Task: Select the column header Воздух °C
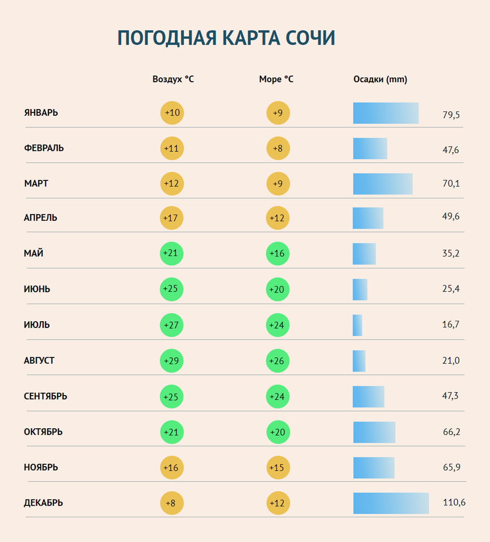[x=173, y=79]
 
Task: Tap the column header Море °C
[x=276, y=79]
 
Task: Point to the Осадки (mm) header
[x=380, y=79]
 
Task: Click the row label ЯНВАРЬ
[x=41, y=113]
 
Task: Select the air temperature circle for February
[x=172, y=148]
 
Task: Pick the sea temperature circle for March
[x=278, y=184]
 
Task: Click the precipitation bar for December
[x=391, y=503]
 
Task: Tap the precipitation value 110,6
[x=454, y=502]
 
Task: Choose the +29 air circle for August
[x=171, y=361]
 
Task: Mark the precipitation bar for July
[x=357, y=325]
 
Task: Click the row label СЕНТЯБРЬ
[x=45, y=396]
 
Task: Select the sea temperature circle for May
[x=278, y=253]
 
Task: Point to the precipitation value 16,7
[x=450, y=325]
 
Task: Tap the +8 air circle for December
[x=172, y=503]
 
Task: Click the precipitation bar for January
[x=386, y=113]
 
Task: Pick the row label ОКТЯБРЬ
[x=43, y=432]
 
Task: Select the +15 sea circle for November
[x=278, y=468]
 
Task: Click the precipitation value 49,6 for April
[x=450, y=216]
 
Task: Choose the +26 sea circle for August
[x=278, y=361]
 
